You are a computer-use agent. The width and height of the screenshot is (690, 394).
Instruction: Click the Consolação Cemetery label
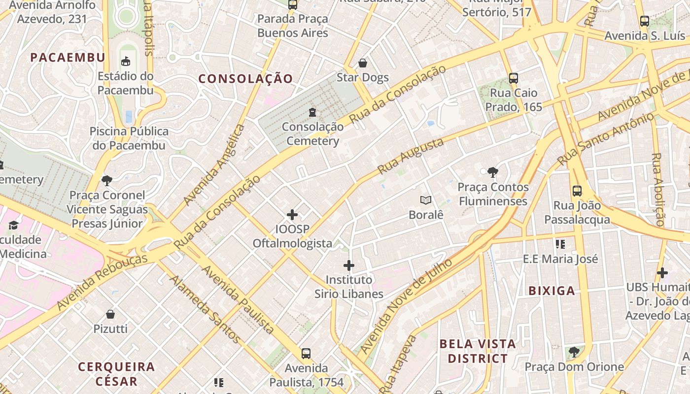[312, 134]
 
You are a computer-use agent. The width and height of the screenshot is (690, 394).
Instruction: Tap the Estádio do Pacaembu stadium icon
[126, 62]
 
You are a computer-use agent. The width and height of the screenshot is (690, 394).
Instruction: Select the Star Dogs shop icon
[363, 63]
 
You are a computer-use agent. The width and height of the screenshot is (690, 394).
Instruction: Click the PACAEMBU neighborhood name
[68, 58]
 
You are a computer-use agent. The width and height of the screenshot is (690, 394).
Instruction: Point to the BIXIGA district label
[552, 291]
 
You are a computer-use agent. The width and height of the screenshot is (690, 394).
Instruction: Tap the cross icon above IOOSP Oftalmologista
[292, 215]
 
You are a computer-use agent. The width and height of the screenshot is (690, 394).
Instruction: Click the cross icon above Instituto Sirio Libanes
[349, 265]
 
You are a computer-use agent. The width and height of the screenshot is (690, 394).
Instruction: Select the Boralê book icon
[426, 200]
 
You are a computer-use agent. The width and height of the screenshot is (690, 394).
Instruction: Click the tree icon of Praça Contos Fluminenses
[492, 172]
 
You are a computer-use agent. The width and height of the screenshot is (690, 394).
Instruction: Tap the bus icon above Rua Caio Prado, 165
[513, 78]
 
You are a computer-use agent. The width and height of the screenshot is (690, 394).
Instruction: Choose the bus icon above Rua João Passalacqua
[577, 191]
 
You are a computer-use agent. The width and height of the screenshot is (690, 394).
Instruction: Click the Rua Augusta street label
[410, 157]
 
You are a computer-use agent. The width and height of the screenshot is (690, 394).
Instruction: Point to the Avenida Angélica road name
[214, 164]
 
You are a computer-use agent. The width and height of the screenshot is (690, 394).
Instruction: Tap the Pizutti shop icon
[110, 314]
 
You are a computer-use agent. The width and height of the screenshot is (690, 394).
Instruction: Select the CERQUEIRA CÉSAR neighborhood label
[116, 374]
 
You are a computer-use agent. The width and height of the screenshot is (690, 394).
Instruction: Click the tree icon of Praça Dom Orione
[574, 352]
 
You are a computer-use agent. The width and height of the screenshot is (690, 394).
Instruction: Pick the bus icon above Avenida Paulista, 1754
[306, 353]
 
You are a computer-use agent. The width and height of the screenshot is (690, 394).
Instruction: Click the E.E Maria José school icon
[560, 244]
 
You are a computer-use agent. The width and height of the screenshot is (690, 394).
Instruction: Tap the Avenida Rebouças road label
[102, 282]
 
